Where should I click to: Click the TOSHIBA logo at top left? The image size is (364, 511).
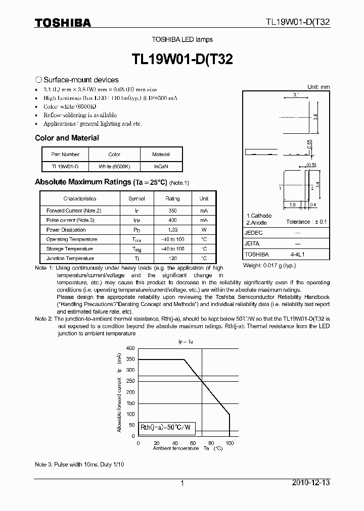pyautogui.click(x=63, y=23)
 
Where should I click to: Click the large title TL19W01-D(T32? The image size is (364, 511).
pyautogui.click(x=182, y=59)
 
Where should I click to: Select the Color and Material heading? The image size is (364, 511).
pyautogui.click(x=67, y=138)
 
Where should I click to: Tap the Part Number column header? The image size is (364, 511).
pyautogui.click(x=65, y=155)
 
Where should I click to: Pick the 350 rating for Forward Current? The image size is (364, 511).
pyautogui.click(x=172, y=211)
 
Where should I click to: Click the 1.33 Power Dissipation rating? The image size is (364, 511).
pyautogui.click(x=172, y=230)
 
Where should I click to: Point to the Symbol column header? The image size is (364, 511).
pyautogui.click(x=136, y=198)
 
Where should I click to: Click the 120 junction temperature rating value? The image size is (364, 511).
pyautogui.click(x=172, y=259)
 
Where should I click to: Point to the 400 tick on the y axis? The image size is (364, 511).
pyautogui.click(x=130, y=348)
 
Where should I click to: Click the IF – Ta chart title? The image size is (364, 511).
pyautogui.click(x=185, y=342)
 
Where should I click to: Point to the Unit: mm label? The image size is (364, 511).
pyautogui.click(x=318, y=87)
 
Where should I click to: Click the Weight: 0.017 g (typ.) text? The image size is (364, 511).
pyautogui.click(x=269, y=265)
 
